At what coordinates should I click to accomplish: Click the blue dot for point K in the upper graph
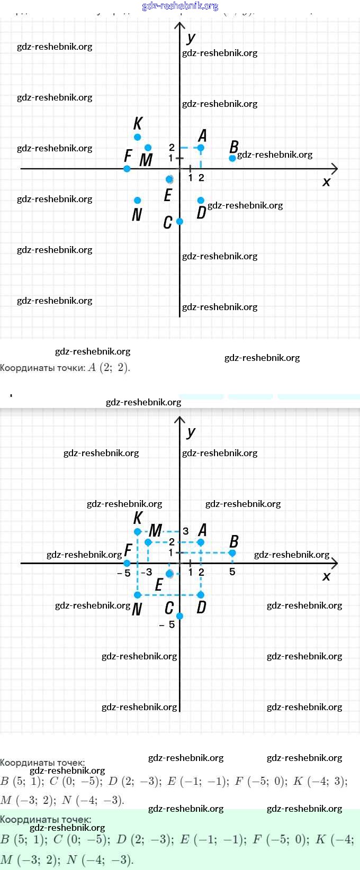point(138,137)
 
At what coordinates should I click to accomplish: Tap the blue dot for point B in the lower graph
point(232,553)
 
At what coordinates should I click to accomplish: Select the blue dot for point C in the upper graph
point(179,221)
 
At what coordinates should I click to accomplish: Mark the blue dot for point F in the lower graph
point(127,563)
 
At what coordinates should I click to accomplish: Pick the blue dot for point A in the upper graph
point(201,148)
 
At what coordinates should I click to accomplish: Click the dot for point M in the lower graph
point(148,542)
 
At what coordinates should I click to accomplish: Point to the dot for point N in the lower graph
point(138,595)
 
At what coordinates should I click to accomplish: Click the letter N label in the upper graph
point(137,214)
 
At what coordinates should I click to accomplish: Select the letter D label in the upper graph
point(201,213)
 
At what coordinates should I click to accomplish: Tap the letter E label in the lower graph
point(159,585)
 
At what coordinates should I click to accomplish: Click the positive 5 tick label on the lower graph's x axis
point(232,572)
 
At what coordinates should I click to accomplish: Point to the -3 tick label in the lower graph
point(146,572)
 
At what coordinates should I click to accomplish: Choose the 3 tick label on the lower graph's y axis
point(186,531)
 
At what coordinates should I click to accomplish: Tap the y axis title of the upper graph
point(191,38)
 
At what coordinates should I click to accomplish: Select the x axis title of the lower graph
point(326,576)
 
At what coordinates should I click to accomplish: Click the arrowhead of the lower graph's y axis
point(180,420)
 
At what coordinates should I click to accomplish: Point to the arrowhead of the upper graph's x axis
point(334,169)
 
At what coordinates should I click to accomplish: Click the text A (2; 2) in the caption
point(109,367)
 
